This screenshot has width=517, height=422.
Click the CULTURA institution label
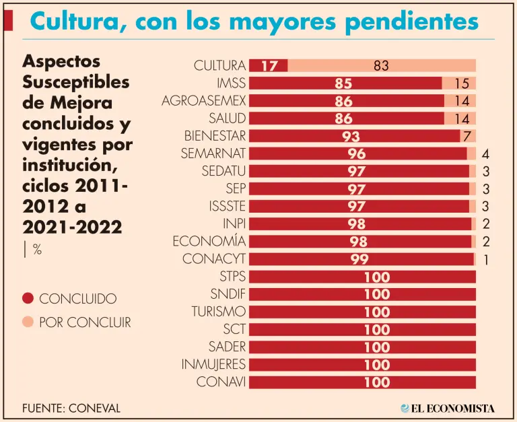click(x=219, y=66)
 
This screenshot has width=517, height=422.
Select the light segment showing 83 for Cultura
click(x=382, y=66)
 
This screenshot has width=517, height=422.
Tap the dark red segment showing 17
click(x=269, y=66)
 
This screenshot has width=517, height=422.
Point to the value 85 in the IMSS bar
click(x=343, y=83)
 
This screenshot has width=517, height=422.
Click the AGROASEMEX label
click(x=204, y=101)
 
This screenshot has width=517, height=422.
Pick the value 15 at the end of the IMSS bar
click(x=461, y=83)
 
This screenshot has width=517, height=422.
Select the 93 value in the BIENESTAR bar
click(x=351, y=136)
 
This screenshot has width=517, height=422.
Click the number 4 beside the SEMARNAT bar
click(x=485, y=153)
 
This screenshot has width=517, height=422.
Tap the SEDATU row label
click(x=223, y=171)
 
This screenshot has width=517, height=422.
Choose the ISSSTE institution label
click(x=228, y=206)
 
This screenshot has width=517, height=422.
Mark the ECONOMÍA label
click(x=209, y=241)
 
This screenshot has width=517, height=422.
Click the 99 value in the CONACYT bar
click(x=360, y=259)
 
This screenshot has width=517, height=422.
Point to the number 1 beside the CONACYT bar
click(x=485, y=259)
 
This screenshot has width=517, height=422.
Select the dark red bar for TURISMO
click(x=362, y=312)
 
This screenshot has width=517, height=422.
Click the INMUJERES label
click(x=213, y=364)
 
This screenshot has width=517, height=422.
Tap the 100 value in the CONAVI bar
click(x=377, y=382)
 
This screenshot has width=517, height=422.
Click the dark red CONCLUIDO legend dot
click(x=28, y=299)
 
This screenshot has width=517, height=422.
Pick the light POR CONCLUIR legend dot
click(x=28, y=322)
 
